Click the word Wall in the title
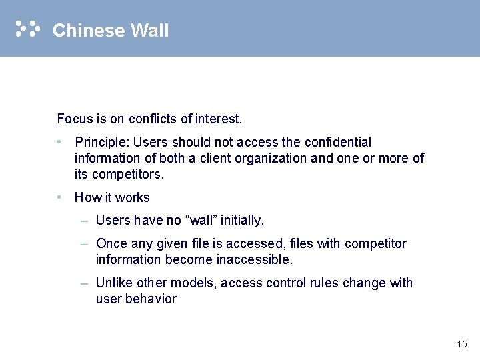point(150,31)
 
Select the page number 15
point(462,344)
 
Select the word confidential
point(337,142)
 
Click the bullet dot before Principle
point(60,142)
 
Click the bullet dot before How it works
point(60,197)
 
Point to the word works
point(135,197)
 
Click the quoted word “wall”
point(203,220)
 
